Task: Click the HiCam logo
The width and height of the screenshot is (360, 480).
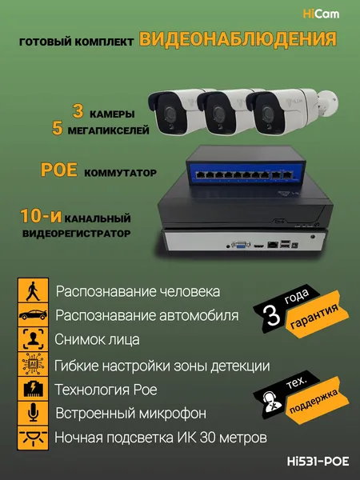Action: tap(321, 14)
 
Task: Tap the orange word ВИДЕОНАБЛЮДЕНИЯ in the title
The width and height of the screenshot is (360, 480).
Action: tap(238, 39)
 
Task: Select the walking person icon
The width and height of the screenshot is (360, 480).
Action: tap(33, 290)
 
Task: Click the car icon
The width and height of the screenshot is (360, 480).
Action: tap(33, 314)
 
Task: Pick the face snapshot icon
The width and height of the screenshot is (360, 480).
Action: tap(33, 339)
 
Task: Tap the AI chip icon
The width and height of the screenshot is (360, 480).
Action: tap(33, 364)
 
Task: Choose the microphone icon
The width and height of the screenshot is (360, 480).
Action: tap(33, 414)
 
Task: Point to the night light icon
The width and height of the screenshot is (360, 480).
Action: tap(33, 438)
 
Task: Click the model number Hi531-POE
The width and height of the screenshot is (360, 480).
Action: tap(318, 461)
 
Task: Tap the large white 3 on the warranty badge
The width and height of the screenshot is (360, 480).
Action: tap(274, 316)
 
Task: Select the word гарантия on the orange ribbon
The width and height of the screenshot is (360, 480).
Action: tap(314, 316)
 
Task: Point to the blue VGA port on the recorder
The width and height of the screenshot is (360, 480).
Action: tap(241, 245)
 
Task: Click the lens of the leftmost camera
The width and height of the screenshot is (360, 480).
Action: tap(168, 113)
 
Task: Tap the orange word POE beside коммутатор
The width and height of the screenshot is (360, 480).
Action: tap(59, 170)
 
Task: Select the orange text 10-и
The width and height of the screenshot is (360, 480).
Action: tap(41, 216)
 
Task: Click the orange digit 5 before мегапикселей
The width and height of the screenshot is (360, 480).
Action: tap(58, 129)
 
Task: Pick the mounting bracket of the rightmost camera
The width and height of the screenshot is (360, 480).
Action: tap(327, 103)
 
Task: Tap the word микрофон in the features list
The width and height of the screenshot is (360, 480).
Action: tap(173, 414)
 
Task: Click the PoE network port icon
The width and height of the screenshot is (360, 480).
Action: tap(33, 389)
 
